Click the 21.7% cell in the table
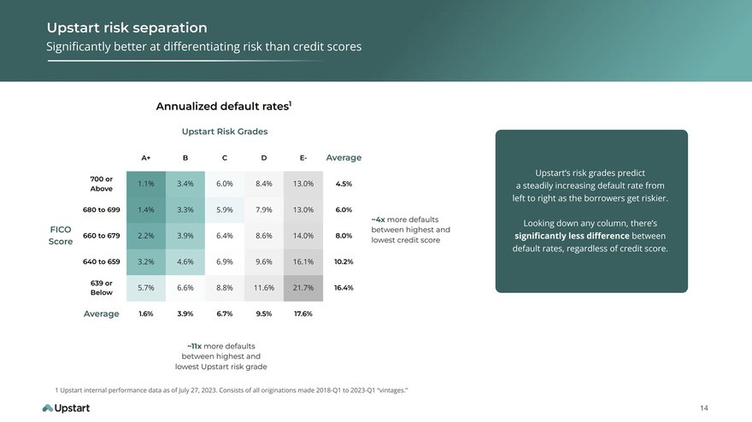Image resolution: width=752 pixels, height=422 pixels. click(x=303, y=288)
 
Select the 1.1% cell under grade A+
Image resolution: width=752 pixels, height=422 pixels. click(x=146, y=184)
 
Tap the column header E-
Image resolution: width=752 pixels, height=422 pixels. click(x=303, y=158)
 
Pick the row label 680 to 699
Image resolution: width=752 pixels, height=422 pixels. click(x=102, y=209)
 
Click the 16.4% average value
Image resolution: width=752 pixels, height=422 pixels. click(x=344, y=288)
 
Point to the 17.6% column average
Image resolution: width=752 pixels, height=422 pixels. click(x=303, y=314)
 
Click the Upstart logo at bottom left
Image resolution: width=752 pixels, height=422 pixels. click(x=66, y=408)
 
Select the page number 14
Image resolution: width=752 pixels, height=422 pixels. click(x=704, y=408)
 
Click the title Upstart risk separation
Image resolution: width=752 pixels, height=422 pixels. click(x=127, y=28)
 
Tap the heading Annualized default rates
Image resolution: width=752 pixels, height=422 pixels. click(x=224, y=106)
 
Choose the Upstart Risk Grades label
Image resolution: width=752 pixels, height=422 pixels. click(x=225, y=132)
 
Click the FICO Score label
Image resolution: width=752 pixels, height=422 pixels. click(x=61, y=236)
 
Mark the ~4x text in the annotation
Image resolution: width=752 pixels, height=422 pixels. click(x=378, y=220)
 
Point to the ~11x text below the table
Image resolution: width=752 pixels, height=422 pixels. click(x=194, y=346)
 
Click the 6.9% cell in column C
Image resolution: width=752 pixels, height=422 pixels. click(x=225, y=262)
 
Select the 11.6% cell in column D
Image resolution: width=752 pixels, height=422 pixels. click(x=264, y=288)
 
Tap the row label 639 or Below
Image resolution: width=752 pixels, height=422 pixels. click(x=102, y=288)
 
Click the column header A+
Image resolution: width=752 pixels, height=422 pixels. click(x=146, y=158)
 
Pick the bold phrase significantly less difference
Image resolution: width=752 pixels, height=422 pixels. click(x=572, y=236)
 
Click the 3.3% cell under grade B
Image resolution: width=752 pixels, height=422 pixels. click(x=185, y=209)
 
